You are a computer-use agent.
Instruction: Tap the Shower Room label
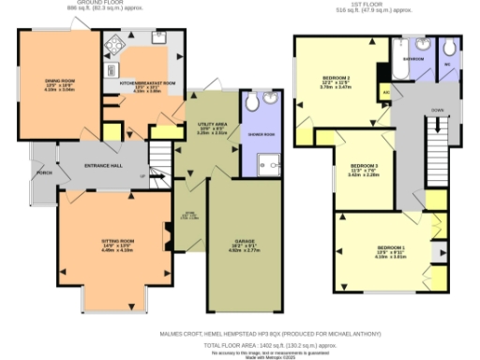coord(262,133)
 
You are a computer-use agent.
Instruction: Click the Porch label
coord(44,172)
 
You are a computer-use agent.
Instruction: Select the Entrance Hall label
coord(104,166)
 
